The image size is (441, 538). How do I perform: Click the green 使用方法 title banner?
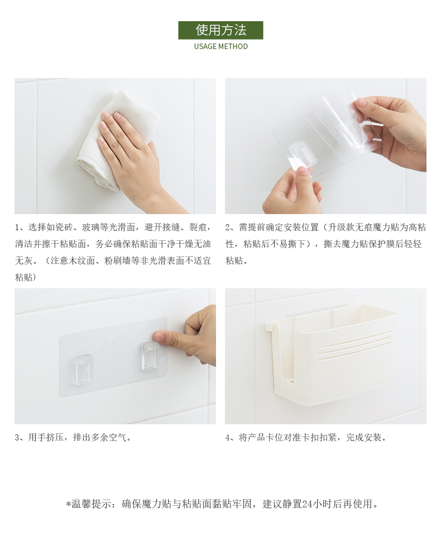tap(220, 30)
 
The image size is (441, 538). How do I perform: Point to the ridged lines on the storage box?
tap(355, 345)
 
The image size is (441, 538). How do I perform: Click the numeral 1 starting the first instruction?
tap(17, 227)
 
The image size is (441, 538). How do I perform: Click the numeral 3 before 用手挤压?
tap(17, 438)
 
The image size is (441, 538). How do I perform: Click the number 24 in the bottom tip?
tap(307, 504)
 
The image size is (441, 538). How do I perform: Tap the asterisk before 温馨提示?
tap(68, 504)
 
